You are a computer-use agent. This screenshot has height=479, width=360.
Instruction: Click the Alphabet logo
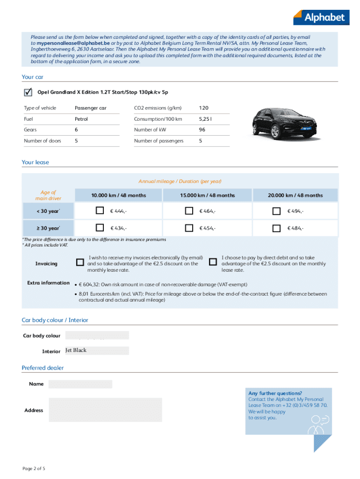click(x=321, y=17)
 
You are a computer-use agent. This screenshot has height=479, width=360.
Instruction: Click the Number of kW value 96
click(x=202, y=130)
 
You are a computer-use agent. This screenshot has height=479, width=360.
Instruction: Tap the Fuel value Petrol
click(x=81, y=119)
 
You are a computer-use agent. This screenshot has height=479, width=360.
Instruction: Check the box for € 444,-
click(x=100, y=211)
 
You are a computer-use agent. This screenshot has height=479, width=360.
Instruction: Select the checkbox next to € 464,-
click(x=189, y=211)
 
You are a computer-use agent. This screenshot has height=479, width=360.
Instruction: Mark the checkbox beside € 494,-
click(x=276, y=211)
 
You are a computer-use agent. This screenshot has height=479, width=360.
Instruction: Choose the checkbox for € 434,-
click(x=100, y=228)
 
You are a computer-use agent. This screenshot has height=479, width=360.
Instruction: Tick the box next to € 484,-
click(x=276, y=228)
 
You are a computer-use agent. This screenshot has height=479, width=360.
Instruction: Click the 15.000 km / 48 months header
click(x=207, y=195)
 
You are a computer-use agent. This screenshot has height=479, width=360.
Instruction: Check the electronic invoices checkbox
click(x=80, y=261)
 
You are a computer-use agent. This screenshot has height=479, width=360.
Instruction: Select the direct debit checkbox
click(x=213, y=261)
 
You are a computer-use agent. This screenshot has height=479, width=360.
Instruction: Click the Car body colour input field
click(x=97, y=335)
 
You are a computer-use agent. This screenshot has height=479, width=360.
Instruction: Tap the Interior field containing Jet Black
click(x=97, y=351)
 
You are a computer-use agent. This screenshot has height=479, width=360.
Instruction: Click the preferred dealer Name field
click(x=80, y=384)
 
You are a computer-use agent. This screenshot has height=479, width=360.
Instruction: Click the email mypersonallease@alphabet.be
click(x=73, y=43)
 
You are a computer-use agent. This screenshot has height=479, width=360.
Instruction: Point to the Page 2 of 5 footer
click(x=34, y=468)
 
